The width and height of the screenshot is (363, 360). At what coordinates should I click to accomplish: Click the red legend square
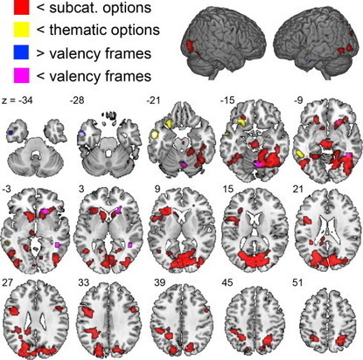pyautogui.click(x=21, y=7)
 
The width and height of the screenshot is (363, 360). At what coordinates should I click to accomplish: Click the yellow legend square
pyautogui.click(x=21, y=30)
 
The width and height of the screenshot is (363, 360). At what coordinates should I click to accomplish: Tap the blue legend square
pyautogui.click(x=21, y=52)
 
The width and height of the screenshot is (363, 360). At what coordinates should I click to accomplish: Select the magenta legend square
pyautogui.click(x=21, y=75)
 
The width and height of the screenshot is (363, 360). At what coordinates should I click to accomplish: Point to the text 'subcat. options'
pyautogui.click(x=101, y=8)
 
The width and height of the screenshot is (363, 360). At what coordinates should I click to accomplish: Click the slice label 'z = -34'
pyautogui.click(x=17, y=100)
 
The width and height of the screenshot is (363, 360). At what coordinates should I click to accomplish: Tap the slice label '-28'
pyautogui.click(x=77, y=100)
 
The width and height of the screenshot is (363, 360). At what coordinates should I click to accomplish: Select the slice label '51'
pyautogui.click(x=297, y=282)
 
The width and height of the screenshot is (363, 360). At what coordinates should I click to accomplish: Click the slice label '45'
pyautogui.click(x=227, y=282)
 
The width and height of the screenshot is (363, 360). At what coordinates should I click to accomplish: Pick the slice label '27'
pyautogui.click(x=7, y=282)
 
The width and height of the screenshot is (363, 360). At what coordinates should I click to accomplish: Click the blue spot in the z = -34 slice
pyautogui.click(x=10, y=133)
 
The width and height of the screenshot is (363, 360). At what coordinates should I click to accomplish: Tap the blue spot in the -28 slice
pyautogui.click(x=82, y=133)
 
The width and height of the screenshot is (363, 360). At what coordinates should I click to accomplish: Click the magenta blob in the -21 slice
pyautogui.click(x=184, y=164)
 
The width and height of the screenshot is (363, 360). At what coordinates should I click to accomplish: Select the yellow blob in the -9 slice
pyautogui.click(x=300, y=153)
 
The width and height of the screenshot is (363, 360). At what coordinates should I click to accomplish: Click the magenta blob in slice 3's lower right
pyautogui.click(x=130, y=245)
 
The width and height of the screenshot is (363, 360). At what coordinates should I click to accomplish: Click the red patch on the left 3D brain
pyautogui.click(x=191, y=46)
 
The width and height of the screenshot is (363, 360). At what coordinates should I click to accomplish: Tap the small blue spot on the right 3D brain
pyautogui.click(x=309, y=60)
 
